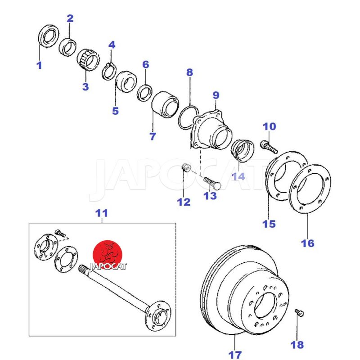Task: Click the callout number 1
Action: pos(39,66)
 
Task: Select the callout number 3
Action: pos(85,87)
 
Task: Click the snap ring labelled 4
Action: pos(109,72)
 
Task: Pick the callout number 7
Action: pos(153,136)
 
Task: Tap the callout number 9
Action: pos(216,95)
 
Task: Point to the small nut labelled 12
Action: pos(185,169)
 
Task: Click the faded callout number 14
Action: pos(238,176)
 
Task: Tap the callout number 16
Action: pos(308,243)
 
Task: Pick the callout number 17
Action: pos(235,355)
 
